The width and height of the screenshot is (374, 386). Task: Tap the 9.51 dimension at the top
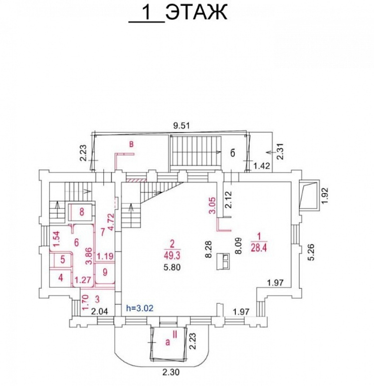[182, 126]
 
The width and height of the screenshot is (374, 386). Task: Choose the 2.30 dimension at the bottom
[171, 371]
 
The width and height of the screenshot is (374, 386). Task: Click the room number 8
[82, 211]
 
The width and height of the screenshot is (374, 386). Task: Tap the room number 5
[63, 259]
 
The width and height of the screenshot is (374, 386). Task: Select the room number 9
[105, 272]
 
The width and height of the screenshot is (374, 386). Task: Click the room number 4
[60, 277]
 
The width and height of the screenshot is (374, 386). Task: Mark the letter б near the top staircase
[232, 153]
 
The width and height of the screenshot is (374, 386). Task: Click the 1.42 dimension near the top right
[262, 166]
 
